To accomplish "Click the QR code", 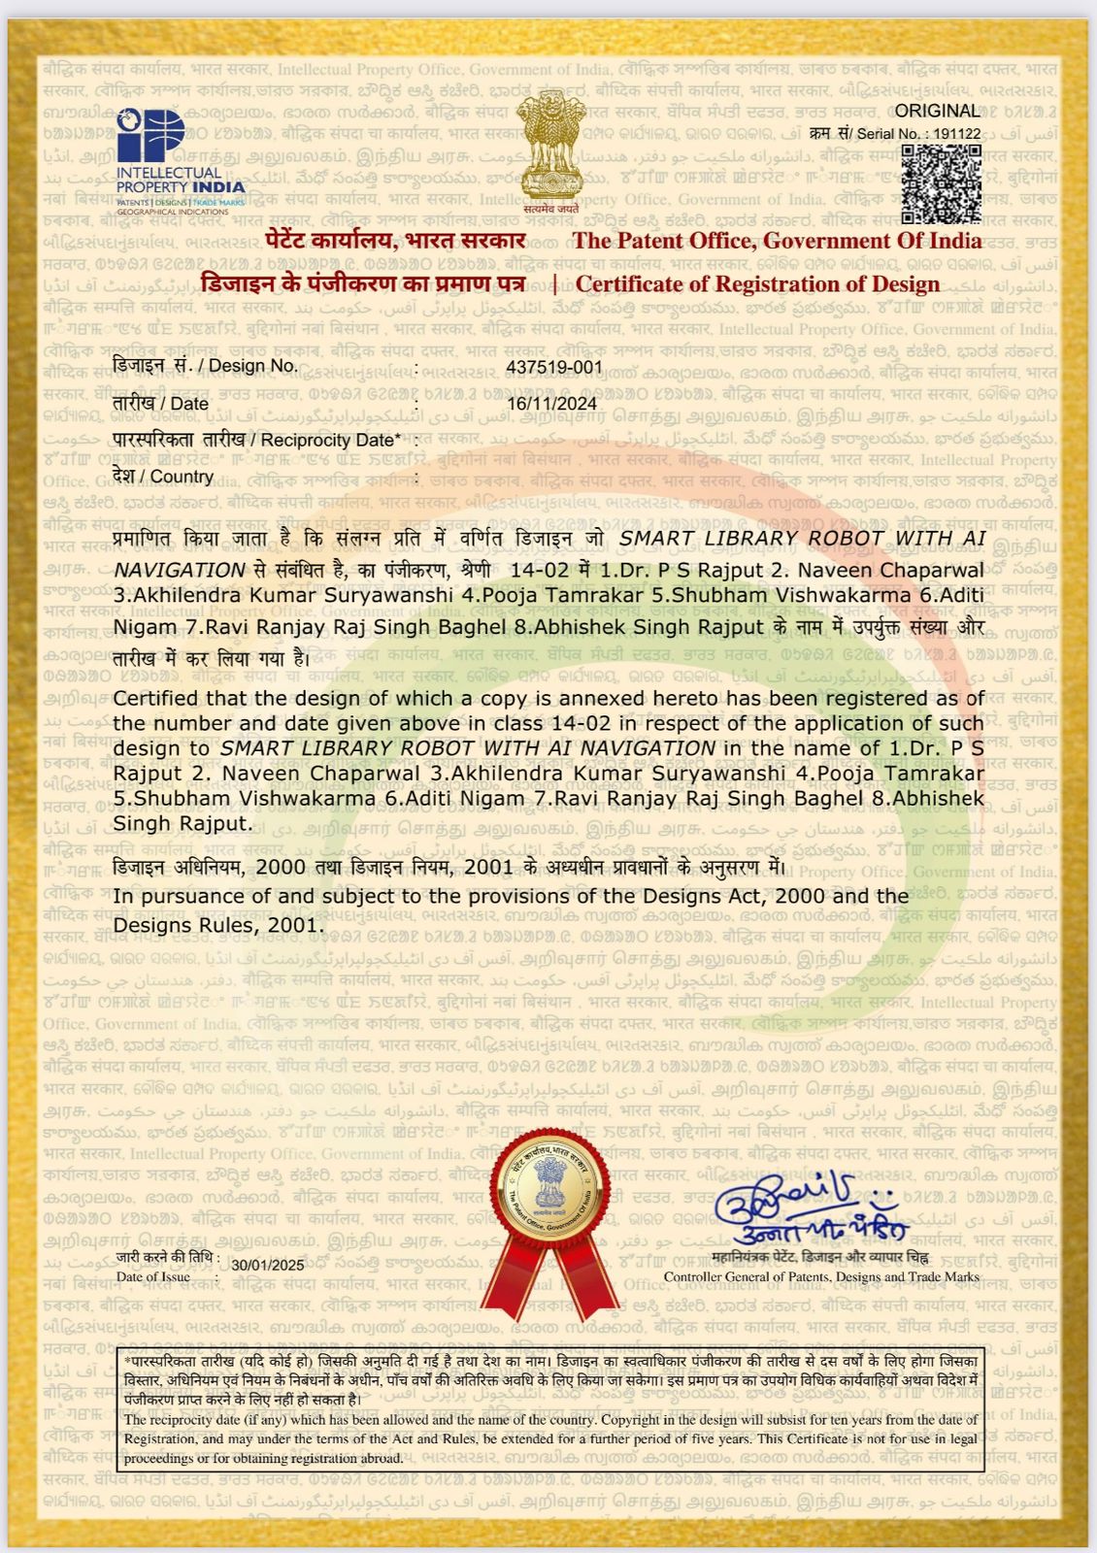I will point(940,183).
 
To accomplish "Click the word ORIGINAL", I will point(937,111).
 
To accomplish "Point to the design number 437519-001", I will point(554,367).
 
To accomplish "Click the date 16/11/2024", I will point(551,403).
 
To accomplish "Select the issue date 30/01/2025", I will point(268,1265).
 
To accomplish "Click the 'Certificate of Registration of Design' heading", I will point(757,284).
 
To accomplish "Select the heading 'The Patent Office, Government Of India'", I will point(777,241).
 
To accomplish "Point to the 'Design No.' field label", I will point(206,366).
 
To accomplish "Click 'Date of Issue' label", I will point(153,1277).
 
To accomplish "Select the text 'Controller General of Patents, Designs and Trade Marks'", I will point(821,1277).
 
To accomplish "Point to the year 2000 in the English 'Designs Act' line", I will point(801,896).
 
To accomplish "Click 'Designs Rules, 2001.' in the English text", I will point(217,925).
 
